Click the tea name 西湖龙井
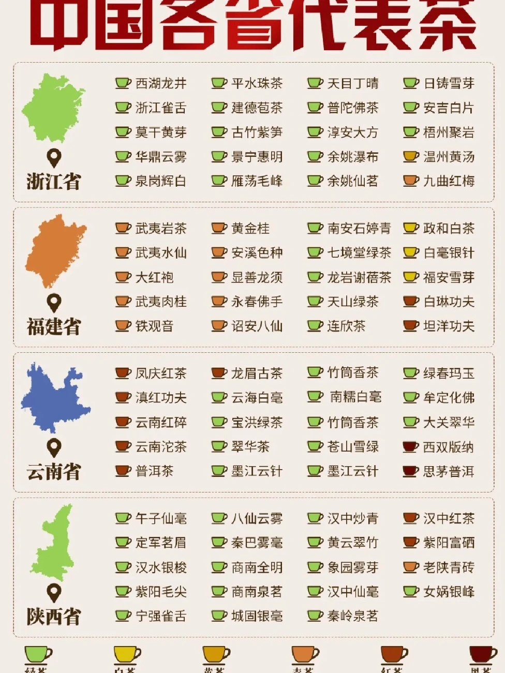pyautogui.click(x=160, y=83)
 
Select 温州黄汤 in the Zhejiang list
pyautogui.click(x=449, y=157)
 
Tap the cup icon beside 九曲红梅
pyautogui.click(x=410, y=181)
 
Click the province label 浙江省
pyautogui.click(x=54, y=182)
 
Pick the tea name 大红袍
pyautogui.click(x=154, y=277)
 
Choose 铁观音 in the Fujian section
pyautogui.click(x=154, y=326)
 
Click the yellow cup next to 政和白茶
pyautogui.click(x=410, y=228)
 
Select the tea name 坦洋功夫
pyautogui.click(x=449, y=326)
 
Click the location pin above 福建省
pyautogui.click(x=54, y=302)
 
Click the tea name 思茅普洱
pyautogui.click(x=449, y=471)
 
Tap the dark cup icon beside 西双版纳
pyautogui.click(x=410, y=447)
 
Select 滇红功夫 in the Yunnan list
pyautogui.click(x=160, y=398)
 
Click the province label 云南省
pyautogui.click(x=54, y=472)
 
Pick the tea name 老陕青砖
pyautogui.click(x=449, y=567)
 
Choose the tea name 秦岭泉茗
pyautogui.click(x=352, y=616)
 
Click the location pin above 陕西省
pyautogui.click(x=54, y=592)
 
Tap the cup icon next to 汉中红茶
pyautogui.click(x=410, y=518)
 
